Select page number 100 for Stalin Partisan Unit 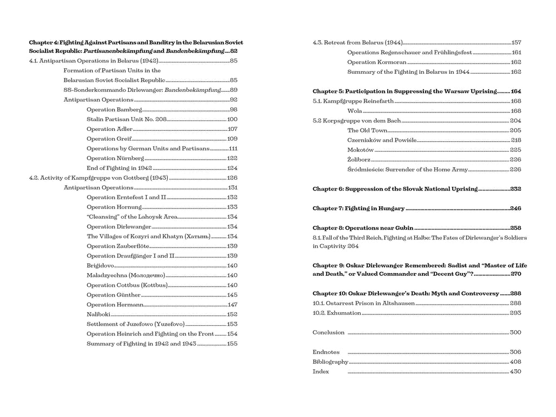pos(232,119)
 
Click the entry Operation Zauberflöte pos(113,246)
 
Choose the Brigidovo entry pos(100,266)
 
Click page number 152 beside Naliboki pos(232,314)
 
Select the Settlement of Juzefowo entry pos(135,324)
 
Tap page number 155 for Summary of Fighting pos(232,344)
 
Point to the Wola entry pos(355,111)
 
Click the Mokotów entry pos(361,150)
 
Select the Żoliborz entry pos(359,160)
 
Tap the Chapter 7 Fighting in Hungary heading pos(358,208)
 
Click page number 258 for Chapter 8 pos(515,228)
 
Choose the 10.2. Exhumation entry pos(337,313)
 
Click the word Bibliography pos(330,362)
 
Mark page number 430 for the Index pos(515,371)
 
